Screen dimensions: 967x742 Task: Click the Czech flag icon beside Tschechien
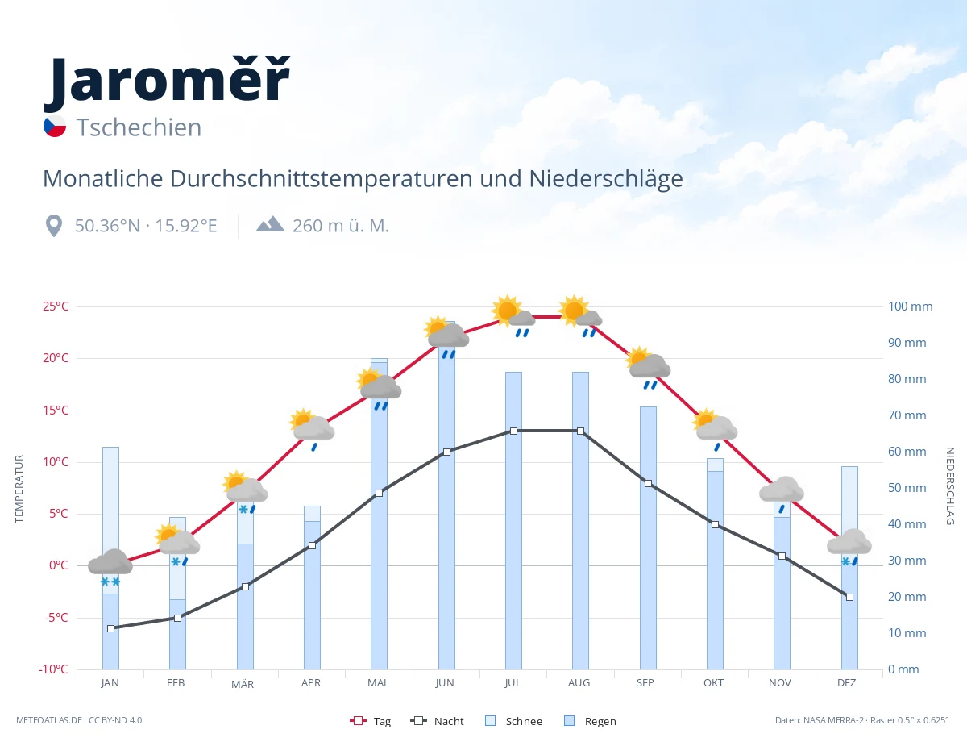click(x=55, y=127)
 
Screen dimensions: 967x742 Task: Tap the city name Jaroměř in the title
click(x=168, y=83)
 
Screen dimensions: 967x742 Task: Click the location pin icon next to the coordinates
click(x=54, y=226)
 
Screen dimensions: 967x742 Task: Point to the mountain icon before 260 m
click(x=270, y=224)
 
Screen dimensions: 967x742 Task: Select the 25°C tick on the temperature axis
click(x=56, y=306)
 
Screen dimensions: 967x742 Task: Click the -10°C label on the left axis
click(x=53, y=669)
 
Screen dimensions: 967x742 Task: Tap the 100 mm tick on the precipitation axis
click(x=910, y=306)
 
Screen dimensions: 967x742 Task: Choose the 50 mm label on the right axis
click(x=907, y=488)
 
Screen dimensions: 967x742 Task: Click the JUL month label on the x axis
click(x=513, y=683)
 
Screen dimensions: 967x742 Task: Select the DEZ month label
click(x=846, y=683)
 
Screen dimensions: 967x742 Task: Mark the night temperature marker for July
click(x=513, y=431)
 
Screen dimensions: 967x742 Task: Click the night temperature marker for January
click(x=111, y=628)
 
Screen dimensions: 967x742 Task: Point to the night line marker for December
click(x=849, y=598)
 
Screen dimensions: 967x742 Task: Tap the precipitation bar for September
click(x=648, y=538)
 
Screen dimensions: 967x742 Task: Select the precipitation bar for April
click(x=312, y=587)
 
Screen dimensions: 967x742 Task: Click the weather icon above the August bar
click(x=580, y=315)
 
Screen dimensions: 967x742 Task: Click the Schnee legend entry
click(x=514, y=721)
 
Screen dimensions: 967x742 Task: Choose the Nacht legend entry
click(x=437, y=721)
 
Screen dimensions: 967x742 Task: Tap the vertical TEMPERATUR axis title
click(x=19, y=489)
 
